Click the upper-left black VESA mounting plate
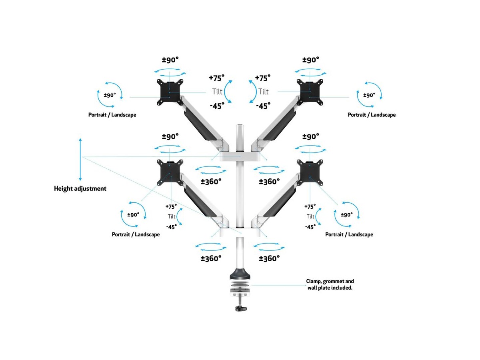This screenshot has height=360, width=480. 170,92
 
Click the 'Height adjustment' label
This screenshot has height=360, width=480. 80,188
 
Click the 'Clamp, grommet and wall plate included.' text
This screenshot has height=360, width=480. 330,284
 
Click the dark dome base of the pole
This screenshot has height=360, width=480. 240,276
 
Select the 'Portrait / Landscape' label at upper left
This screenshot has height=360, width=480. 112,115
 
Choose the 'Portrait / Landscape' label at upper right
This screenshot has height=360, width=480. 372,115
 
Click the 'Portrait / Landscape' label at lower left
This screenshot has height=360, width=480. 136,234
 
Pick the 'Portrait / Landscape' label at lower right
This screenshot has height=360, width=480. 349,234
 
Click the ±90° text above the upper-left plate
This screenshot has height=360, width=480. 170,60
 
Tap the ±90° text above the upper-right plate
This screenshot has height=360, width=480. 311,60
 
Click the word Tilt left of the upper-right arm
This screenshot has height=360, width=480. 263,92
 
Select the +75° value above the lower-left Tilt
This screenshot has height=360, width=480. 171,206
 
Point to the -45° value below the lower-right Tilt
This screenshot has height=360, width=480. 310,227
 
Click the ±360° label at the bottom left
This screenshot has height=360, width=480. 211,258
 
